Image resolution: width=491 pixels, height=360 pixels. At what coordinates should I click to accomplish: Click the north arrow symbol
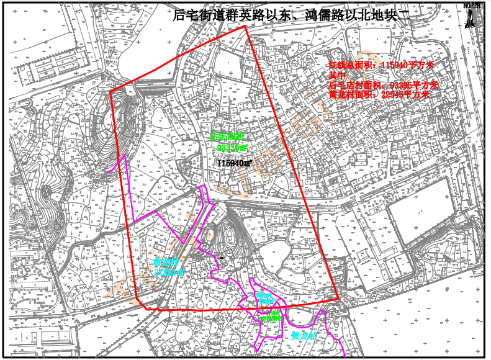click(x=472, y=16)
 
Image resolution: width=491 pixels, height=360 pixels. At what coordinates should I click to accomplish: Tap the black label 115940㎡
click(x=234, y=163)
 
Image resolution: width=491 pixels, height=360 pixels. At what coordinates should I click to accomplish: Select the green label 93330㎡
click(x=232, y=148)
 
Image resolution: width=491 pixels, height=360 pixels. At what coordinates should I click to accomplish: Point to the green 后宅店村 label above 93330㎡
click(x=228, y=136)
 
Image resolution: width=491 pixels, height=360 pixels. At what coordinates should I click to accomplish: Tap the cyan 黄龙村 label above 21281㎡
click(x=164, y=261)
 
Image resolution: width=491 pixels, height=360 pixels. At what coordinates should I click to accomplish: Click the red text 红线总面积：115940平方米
click(x=382, y=65)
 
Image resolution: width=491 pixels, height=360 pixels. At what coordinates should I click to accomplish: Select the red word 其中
click(x=337, y=75)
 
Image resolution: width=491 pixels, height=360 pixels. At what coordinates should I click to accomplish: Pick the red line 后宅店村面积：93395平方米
click(x=383, y=85)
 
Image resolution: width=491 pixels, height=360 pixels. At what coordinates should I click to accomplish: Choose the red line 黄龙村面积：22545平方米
click(x=379, y=95)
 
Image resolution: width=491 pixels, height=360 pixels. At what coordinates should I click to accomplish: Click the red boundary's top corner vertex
click(x=246, y=26)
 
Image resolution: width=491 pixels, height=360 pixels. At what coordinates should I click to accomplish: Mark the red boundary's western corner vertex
click(x=110, y=92)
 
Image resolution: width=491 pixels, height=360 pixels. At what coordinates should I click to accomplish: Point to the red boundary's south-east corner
click(x=339, y=299)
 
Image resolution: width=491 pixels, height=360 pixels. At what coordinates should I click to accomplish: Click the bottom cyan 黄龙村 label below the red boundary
click(x=304, y=335)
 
